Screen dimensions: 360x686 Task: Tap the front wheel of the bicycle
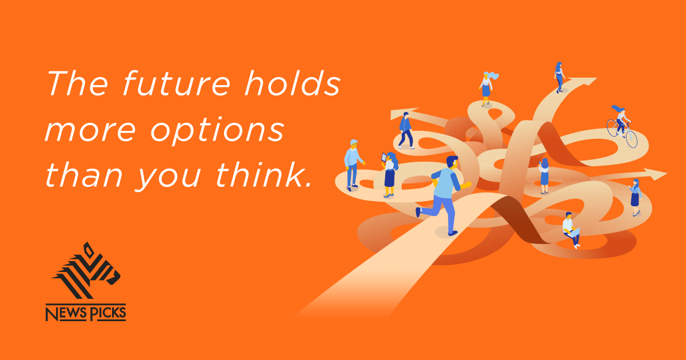[x=631, y=139]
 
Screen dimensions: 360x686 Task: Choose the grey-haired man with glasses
[x=352, y=163]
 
